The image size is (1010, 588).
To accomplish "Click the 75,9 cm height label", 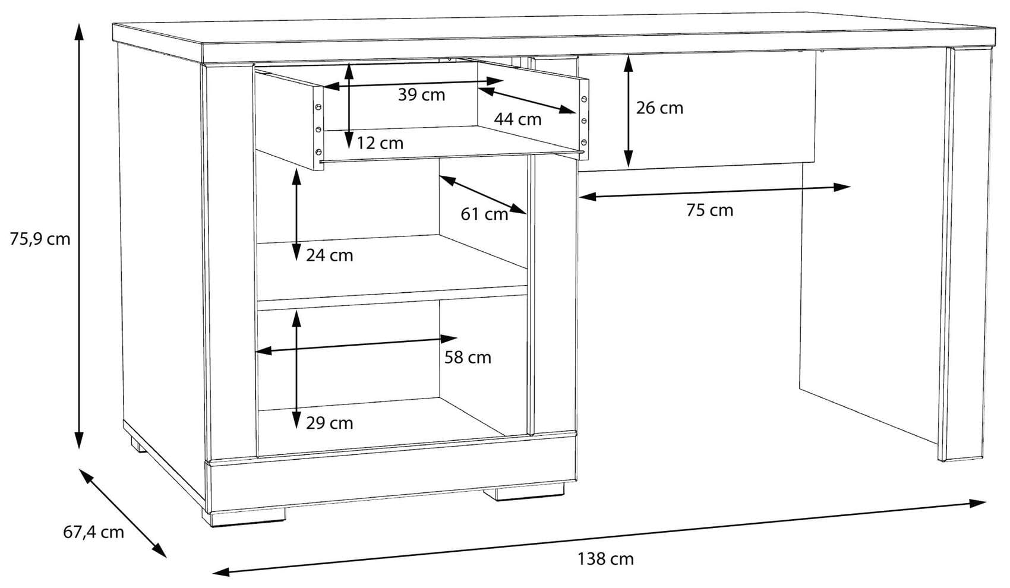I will pyautogui.click(x=40, y=239).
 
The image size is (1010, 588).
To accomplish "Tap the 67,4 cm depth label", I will pyautogui.click(x=93, y=532).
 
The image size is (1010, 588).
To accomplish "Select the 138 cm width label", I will pyautogui.click(x=605, y=559).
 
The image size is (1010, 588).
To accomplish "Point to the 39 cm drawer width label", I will pyautogui.click(x=421, y=95).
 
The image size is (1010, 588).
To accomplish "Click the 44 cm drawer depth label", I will pyautogui.click(x=517, y=119).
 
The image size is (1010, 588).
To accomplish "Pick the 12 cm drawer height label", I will pyautogui.click(x=380, y=143).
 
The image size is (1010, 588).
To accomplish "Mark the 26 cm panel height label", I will pyautogui.click(x=659, y=108).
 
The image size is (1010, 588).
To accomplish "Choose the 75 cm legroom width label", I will pyautogui.click(x=709, y=210).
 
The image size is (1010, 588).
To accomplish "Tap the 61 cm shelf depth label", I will pyautogui.click(x=484, y=214).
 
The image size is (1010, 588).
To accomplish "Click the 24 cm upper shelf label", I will pyautogui.click(x=329, y=255).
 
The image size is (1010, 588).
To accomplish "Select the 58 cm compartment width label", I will pyautogui.click(x=468, y=358).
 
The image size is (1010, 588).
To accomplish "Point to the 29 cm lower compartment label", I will pyautogui.click(x=329, y=423).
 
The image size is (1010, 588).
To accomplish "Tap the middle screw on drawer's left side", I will pyautogui.click(x=318, y=129).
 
